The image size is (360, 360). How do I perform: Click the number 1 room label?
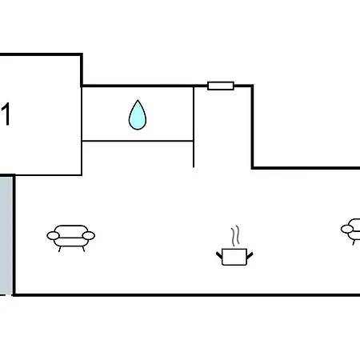6,114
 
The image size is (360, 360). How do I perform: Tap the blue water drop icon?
138,115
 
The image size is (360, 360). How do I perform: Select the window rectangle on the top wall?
221,86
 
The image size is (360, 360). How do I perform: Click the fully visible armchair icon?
71,238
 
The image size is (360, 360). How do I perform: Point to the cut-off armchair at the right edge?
351,231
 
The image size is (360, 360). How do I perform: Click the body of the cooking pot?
234,257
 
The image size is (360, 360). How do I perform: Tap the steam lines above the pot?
235,236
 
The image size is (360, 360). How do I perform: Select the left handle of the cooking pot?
219,255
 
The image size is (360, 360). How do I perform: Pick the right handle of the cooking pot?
250,255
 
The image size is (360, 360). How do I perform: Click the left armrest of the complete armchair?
53,236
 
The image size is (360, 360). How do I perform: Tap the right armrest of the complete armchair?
89,236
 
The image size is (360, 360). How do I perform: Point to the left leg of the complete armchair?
60,249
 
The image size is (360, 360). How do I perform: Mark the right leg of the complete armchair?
83,249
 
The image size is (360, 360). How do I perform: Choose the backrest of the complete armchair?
71,230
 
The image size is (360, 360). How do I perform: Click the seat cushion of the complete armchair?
71,242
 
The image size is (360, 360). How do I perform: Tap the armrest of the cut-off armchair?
347,229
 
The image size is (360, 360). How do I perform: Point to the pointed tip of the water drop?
138,100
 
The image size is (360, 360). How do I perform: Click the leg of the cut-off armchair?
354,242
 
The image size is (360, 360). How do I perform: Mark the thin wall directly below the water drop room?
138,141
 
